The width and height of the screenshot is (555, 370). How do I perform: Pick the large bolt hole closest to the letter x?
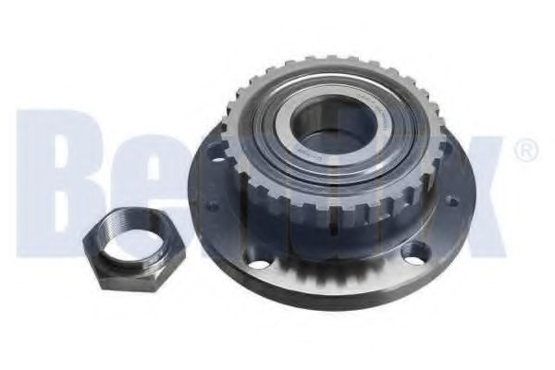[x=419, y=250]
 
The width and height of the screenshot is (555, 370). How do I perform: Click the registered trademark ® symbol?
[x=524, y=149]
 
